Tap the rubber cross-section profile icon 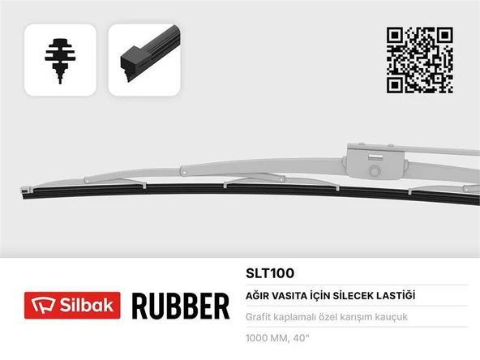coord(60,61)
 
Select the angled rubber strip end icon coord(143,61)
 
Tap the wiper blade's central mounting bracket coord(373,157)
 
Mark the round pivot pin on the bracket coord(374,173)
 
